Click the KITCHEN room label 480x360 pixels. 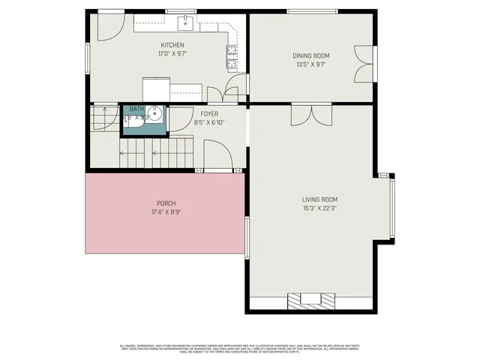tap(172, 45)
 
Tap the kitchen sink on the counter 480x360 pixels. tap(184, 23)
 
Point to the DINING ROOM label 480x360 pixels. tap(310, 55)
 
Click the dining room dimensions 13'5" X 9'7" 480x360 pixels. tap(310, 64)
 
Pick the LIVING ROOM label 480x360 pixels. tap(319, 199)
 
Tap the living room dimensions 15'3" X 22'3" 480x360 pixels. tap(319, 208)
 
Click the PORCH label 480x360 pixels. tap(166, 203)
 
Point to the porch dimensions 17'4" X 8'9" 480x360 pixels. tap(166, 212)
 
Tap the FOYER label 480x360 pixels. tap(208, 113)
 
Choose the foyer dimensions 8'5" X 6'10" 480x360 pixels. tap(208, 122)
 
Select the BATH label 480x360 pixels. tap(136, 109)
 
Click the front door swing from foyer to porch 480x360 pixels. tap(218, 157)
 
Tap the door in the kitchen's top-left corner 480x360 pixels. tap(104, 26)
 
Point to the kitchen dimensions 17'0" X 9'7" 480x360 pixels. tap(172, 54)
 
